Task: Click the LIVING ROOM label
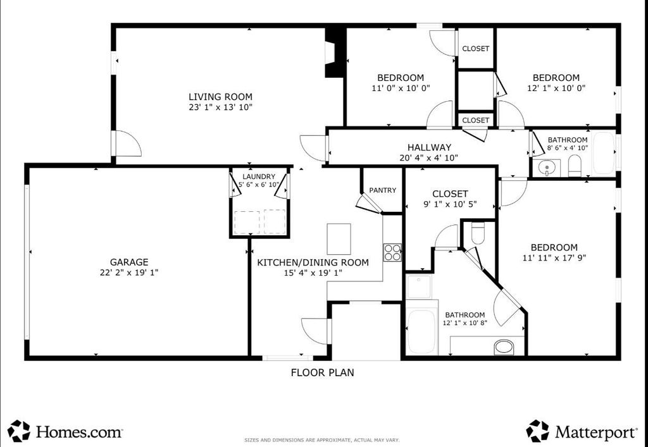(x=220, y=97)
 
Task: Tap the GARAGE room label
(x=129, y=262)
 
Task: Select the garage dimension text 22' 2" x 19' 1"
(x=129, y=272)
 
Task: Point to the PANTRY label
(x=383, y=190)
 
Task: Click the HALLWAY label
(x=430, y=147)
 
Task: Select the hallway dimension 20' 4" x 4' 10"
(x=429, y=157)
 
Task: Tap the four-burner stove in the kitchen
(x=392, y=253)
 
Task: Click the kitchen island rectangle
(x=339, y=239)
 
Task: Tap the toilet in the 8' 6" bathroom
(x=575, y=166)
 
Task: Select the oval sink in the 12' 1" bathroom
(x=503, y=346)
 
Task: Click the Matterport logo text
(x=595, y=432)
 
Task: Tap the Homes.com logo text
(x=79, y=432)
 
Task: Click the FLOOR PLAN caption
(x=322, y=372)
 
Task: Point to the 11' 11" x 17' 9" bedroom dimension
(x=554, y=258)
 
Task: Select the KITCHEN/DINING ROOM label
(x=313, y=262)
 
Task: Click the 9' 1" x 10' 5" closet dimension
(x=450, y=204)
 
